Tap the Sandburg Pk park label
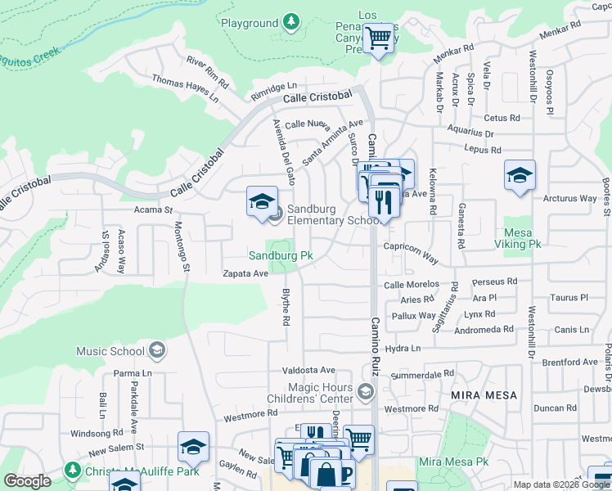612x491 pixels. coord(281,255)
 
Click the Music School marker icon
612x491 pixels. coord(158,351)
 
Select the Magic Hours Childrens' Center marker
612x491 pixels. coord(365,393)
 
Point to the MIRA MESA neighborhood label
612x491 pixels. coord(484,394)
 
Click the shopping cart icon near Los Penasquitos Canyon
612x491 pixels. coord(379,37)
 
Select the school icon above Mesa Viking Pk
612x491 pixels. coord(520,176)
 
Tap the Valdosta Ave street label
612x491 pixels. coord(309,370)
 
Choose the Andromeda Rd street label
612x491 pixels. coord(484,329)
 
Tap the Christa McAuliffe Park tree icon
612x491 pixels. coord(74,470)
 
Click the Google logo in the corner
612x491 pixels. coord(27,481)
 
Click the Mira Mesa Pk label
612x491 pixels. coord(453,462)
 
